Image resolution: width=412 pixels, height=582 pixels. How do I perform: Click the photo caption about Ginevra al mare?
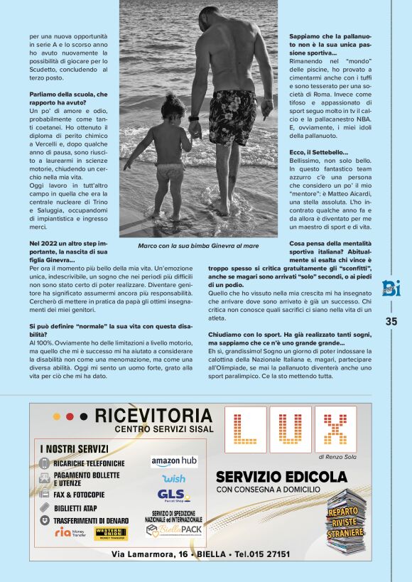pos(197,247)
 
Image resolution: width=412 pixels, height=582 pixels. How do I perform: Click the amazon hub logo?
pos(174,461)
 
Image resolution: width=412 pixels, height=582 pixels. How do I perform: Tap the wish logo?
pos(173,478)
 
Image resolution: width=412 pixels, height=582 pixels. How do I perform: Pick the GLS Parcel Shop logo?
pos(173,495)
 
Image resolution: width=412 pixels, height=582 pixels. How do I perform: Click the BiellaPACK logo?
pos(174,529)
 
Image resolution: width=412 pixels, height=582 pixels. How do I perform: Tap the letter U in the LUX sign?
pos(290,429)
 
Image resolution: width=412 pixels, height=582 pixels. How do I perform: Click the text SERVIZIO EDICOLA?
pos(282,476)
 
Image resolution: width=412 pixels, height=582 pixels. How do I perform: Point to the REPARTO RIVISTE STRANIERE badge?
pos(347,522)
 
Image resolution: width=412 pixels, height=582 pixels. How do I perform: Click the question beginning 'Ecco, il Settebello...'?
pos(318,153)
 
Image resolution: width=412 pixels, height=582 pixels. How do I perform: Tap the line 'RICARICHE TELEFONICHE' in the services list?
pos(89,463)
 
